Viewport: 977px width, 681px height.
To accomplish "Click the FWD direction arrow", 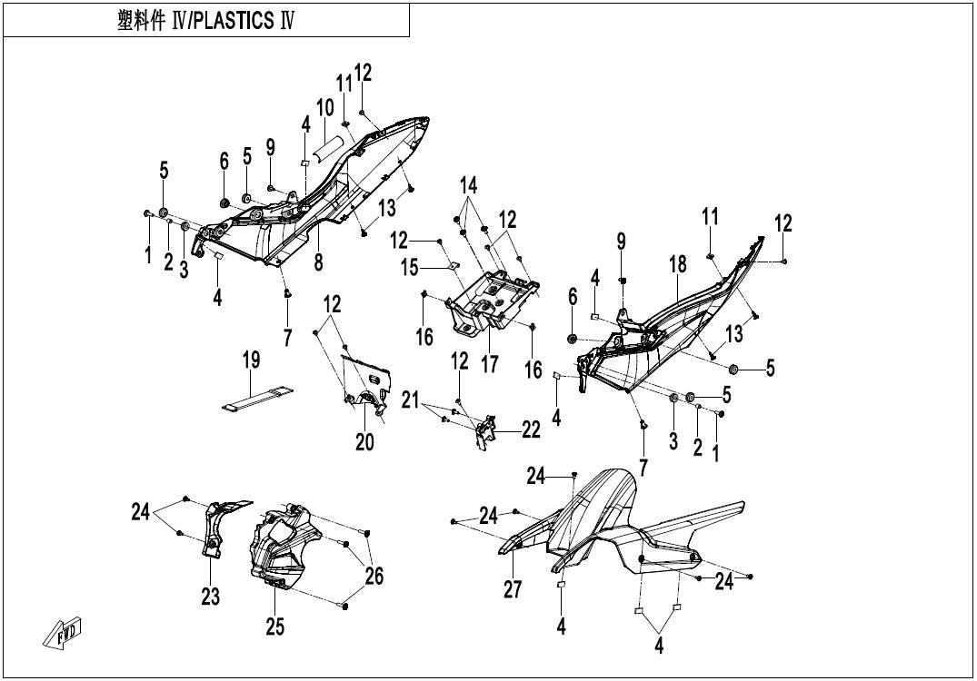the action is [x=63, y=632].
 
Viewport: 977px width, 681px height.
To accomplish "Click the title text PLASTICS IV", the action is [x=243, y=21].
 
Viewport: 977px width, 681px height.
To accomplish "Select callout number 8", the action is [x=318, y=262].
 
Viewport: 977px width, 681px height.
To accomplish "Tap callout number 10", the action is [x=325, y=108].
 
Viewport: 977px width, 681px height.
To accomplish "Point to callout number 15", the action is [x=409, y=268].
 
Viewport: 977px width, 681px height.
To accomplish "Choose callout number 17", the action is [x=490, y=364].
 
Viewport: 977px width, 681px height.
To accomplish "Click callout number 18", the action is [x=678, y=264].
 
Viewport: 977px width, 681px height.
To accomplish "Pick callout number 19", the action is [x=251, y=360].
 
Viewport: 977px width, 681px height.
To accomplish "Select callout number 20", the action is [x=364, y=442].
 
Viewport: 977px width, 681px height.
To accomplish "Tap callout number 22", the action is [x=531, y=429].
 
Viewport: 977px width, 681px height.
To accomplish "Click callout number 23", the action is [x=211, y=597].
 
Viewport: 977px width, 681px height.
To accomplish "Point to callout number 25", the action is [x=274, y=627].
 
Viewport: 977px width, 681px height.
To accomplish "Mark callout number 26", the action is [x=374, y=576].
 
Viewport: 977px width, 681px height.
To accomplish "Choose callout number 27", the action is [x=513, y=589].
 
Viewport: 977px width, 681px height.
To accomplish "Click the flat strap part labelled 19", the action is [x=257, y=399].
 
